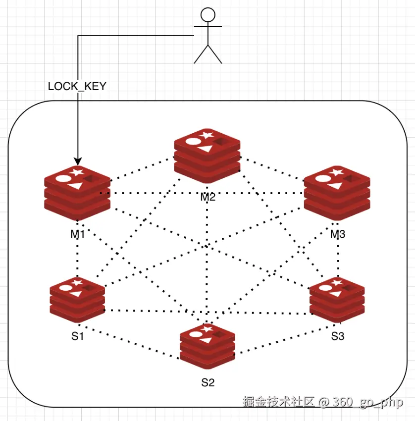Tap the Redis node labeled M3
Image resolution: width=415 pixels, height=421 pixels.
[337, 193]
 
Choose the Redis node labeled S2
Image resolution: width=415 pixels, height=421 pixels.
[207, 347]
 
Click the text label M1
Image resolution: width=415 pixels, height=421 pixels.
[78, 233]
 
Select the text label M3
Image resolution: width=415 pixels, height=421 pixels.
[338, 233]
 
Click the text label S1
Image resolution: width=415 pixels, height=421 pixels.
[78, 337]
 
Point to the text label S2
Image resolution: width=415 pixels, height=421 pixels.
[208, 382]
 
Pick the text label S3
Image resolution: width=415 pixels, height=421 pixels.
[338, 337]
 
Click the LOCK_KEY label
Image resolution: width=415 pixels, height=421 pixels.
[77, 86]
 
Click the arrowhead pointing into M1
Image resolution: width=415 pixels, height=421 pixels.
[77, 161]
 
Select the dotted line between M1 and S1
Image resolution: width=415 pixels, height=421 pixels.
[78, 258]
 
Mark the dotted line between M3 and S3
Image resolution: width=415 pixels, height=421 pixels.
[338, 258]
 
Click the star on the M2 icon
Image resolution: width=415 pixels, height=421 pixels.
[207, 134]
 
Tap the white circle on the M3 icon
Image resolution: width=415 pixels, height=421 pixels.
[322, 179]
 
